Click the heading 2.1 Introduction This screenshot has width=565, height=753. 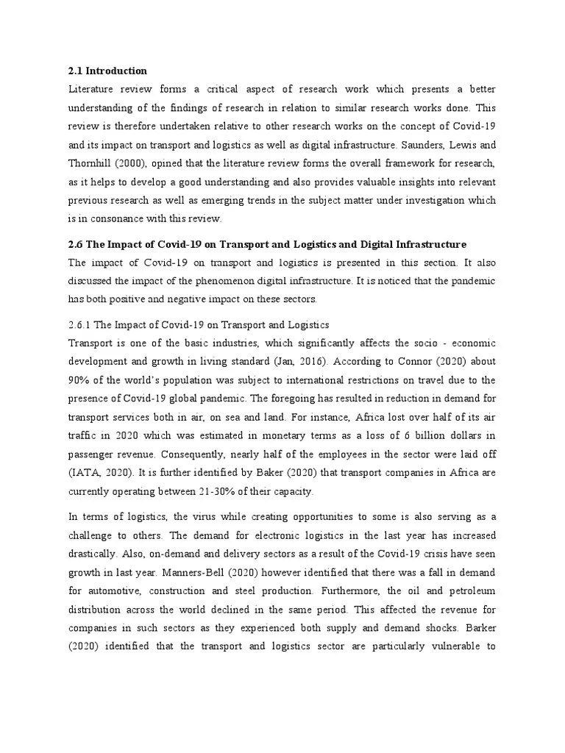107,71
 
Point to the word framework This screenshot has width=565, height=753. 402,163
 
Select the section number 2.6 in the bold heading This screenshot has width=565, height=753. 76,243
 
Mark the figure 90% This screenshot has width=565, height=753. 79,380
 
